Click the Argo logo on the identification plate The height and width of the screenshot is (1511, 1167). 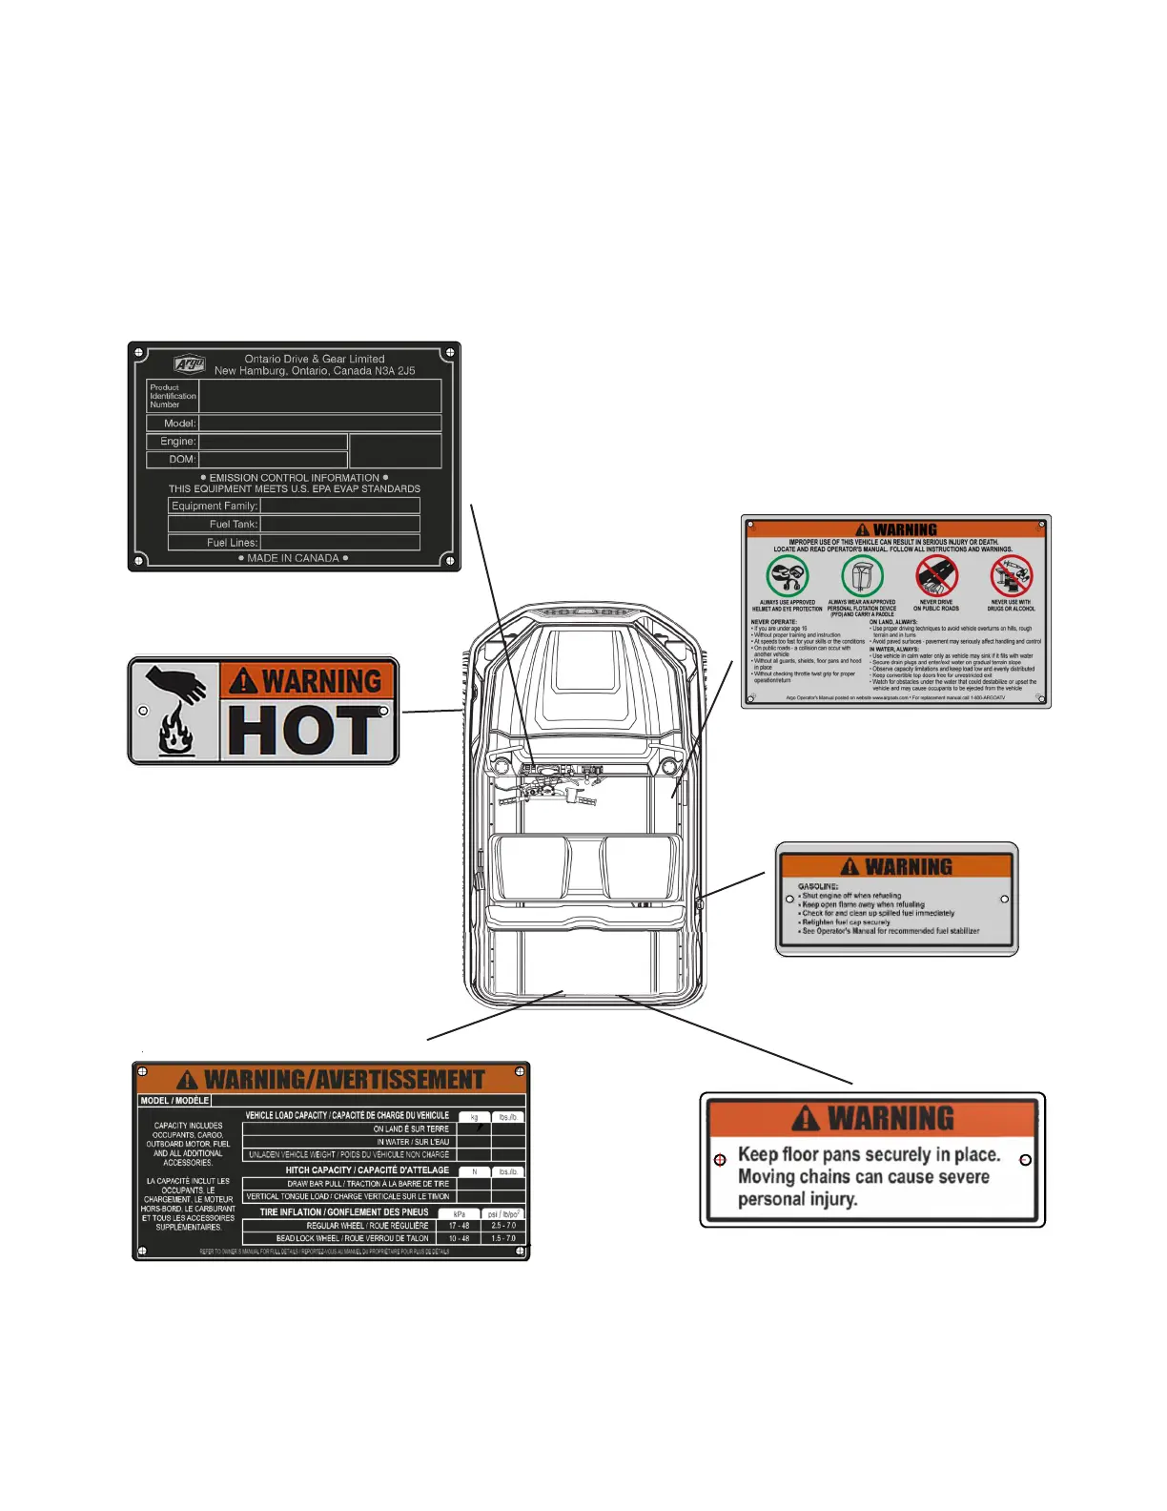tap(189, 363)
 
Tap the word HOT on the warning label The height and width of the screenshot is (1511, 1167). tap(303, 732)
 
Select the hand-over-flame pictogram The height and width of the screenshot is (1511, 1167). tap(175, 711)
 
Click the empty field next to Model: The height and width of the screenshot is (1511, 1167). tap(319, 423)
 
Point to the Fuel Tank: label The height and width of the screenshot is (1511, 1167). tap(233, 524)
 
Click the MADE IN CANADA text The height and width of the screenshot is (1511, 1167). tap(293, 558)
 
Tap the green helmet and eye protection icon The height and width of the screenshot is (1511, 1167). tap(788, 576)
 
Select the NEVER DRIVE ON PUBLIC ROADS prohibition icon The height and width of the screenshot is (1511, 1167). tap(936, 576)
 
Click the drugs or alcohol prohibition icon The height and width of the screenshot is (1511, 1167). tap(1011, 576)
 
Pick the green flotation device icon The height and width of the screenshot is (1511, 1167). tap(862, 576)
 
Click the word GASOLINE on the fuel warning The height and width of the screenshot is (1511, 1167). tap(818, 886)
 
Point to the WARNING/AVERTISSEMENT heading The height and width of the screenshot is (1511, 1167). tap(344, 1080)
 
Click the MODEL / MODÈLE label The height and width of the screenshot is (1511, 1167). tap(174, 1101)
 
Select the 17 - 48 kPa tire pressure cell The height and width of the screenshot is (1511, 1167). tap(459, 1226)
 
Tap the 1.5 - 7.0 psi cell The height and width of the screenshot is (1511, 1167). tap(503, 1238)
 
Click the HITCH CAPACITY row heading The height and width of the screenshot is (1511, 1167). tap(367, 1170)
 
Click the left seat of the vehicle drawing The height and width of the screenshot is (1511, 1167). tap(531, 866)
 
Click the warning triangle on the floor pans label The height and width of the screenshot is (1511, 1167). tap(805, 1118)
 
